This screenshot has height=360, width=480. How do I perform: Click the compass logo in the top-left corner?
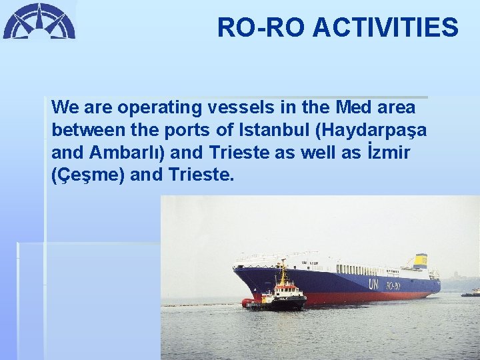39,21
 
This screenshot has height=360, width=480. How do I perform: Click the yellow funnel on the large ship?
421,261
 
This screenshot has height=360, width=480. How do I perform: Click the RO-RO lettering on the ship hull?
393,286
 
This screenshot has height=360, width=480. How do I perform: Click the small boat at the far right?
471,292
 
